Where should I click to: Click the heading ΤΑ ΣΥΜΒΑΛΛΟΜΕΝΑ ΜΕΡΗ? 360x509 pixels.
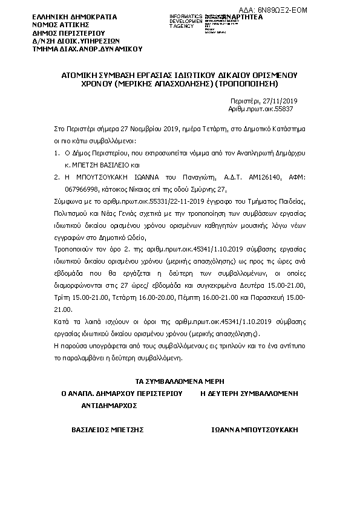(180, 381)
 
